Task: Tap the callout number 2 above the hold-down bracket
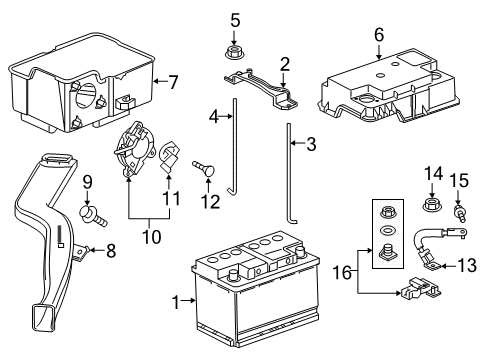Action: coord(285,64)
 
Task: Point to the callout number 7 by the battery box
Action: coord(173,80)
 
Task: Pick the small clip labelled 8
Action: coord(86,250)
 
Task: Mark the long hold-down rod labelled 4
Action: coord(233,150)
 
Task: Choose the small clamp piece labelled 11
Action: coord(169,158)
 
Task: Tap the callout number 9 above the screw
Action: coord(87,183)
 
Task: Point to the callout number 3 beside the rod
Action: coord(311,145)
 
